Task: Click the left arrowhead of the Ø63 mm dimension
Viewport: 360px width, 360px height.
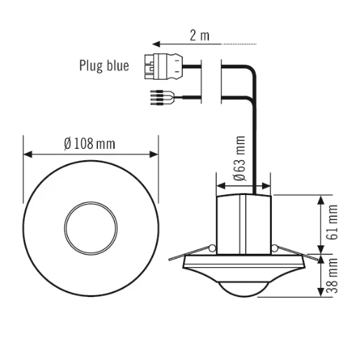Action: [x=220, y=186]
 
